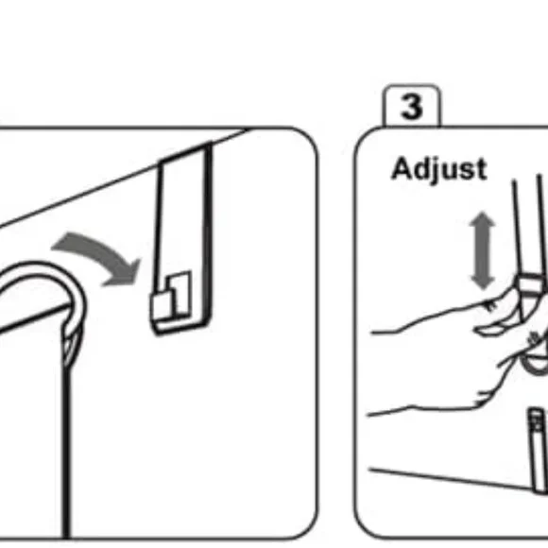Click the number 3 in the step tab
pyautogui.click(x=411, y=106)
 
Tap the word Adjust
pyautogui.click(x=439, y=169)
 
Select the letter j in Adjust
pyautogui.click(x=435, y=170)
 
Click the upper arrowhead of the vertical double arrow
pyautogui.click(x=483, y=219)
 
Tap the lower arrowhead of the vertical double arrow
pyautogui.click(x=483, y=283)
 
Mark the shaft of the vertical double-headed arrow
pyautogui.click(x=483, y=251)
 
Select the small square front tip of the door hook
pyautogui.click(x=162, y=307)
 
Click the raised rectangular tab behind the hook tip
pyautogui.click(x=180, y=292)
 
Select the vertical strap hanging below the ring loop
pyautogui.click(x=66, y=451)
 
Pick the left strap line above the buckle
pyautogui.click(x=518, y=227)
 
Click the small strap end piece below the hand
pyautogui.click(x=538, y=451)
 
